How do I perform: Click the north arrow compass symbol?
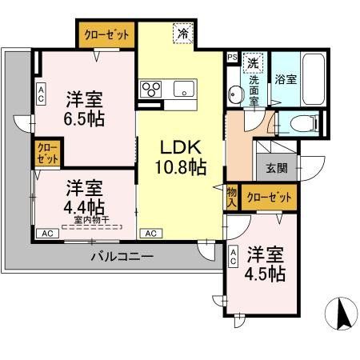pos(342,314)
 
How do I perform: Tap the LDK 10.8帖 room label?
pos(182,158)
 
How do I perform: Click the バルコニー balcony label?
pos(121,256)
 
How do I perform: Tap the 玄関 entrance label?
pos(276,168)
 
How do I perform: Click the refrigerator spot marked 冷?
pos(183,35)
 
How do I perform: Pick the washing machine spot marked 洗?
pos(253,62)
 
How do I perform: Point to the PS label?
pos(232,58)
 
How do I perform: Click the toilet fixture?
pos(298,122)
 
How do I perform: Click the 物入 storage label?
pos(231,196)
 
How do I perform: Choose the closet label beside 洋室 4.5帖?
pos(267,197)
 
